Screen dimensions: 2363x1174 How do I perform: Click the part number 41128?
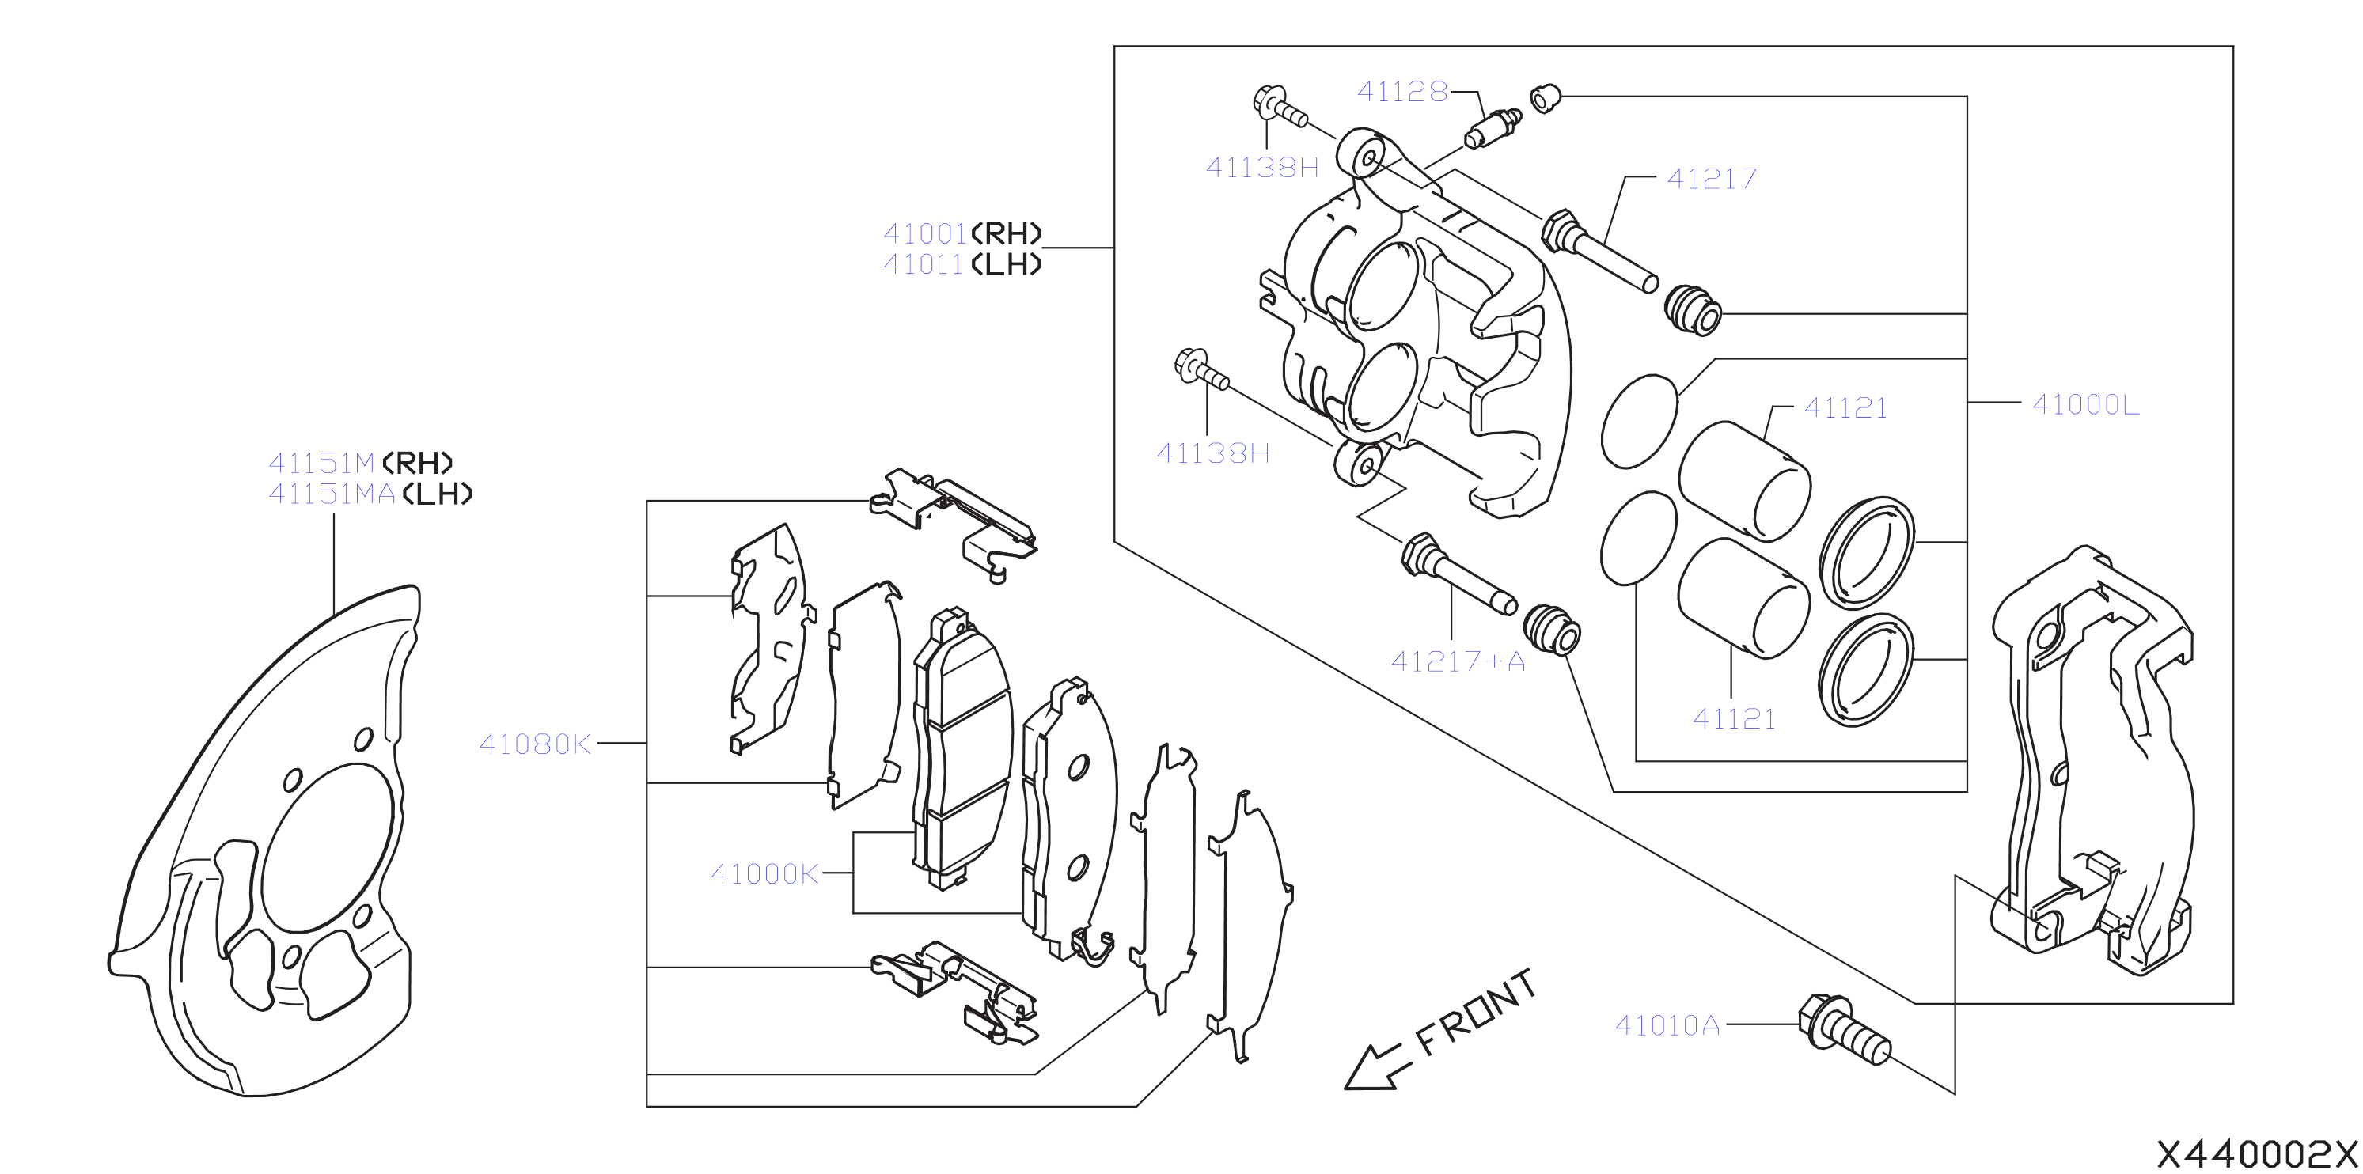coord(1401,92)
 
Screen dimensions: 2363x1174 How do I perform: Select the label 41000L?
coord(2085,404)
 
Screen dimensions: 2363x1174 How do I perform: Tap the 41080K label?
coord(535,744)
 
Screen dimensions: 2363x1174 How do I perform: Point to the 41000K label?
coord(765,874)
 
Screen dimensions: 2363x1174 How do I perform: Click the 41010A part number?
coord(1667,1025)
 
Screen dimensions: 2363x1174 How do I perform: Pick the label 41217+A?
coord(1458,661)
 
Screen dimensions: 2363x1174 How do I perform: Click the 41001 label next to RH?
coord(924,234)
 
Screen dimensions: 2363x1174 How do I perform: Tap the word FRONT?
coord(1476,1012)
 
